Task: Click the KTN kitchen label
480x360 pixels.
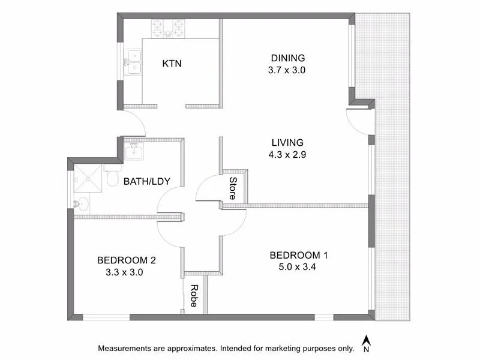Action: (x=172, y=64)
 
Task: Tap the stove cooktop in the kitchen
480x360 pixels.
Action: (x=167, y=28)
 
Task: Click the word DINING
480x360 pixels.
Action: (x=288, y=58)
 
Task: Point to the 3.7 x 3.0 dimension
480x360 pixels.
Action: (x=288, y=70)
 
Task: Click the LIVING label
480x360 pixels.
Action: (x=288, y=143)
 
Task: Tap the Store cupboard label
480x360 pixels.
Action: (x=233, y=187)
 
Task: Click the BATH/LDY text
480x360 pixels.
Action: (x=143, y=181)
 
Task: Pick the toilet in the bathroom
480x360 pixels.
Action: (x=112, y=178)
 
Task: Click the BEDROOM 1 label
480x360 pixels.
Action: (x=298, y=256)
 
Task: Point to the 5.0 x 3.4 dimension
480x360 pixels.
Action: (x=298, y=268)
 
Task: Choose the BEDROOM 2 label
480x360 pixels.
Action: (x=127, y=260)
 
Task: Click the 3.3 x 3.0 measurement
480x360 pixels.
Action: (x=127, y=272)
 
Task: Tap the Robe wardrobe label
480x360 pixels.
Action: (x=194, y=296)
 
